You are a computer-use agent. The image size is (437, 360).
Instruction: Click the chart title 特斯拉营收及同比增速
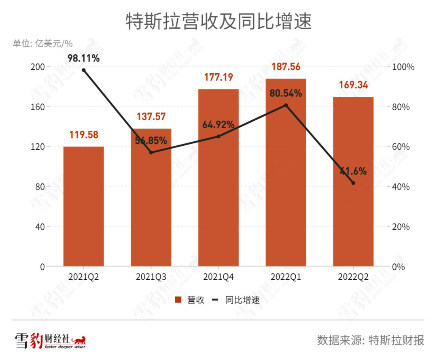coord(218,21)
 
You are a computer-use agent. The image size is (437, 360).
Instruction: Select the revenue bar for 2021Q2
coord(83,207)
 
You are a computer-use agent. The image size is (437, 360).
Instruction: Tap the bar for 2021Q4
coord(218,178)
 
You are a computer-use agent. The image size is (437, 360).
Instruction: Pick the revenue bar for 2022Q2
coord(353,182)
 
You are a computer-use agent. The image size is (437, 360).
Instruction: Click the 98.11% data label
coord(83,58)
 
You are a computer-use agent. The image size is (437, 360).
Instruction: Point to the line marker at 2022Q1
coord(286,105)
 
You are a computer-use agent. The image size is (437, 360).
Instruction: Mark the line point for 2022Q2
coord(353,183)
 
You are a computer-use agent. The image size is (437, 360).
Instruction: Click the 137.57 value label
coord(151,117)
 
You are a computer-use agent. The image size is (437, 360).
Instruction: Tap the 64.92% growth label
coord(218,125)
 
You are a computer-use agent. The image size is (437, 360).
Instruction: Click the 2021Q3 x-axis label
coord(151,277)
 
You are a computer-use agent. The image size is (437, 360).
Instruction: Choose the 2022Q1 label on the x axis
coord(286,277)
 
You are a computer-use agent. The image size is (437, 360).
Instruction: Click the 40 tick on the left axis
coord(39,226)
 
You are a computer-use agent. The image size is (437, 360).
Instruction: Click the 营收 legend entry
coord(190,300)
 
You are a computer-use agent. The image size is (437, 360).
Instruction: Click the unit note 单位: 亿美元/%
coord(42,44)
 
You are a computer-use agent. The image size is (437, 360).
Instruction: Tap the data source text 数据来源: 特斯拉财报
coord(371,340)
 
